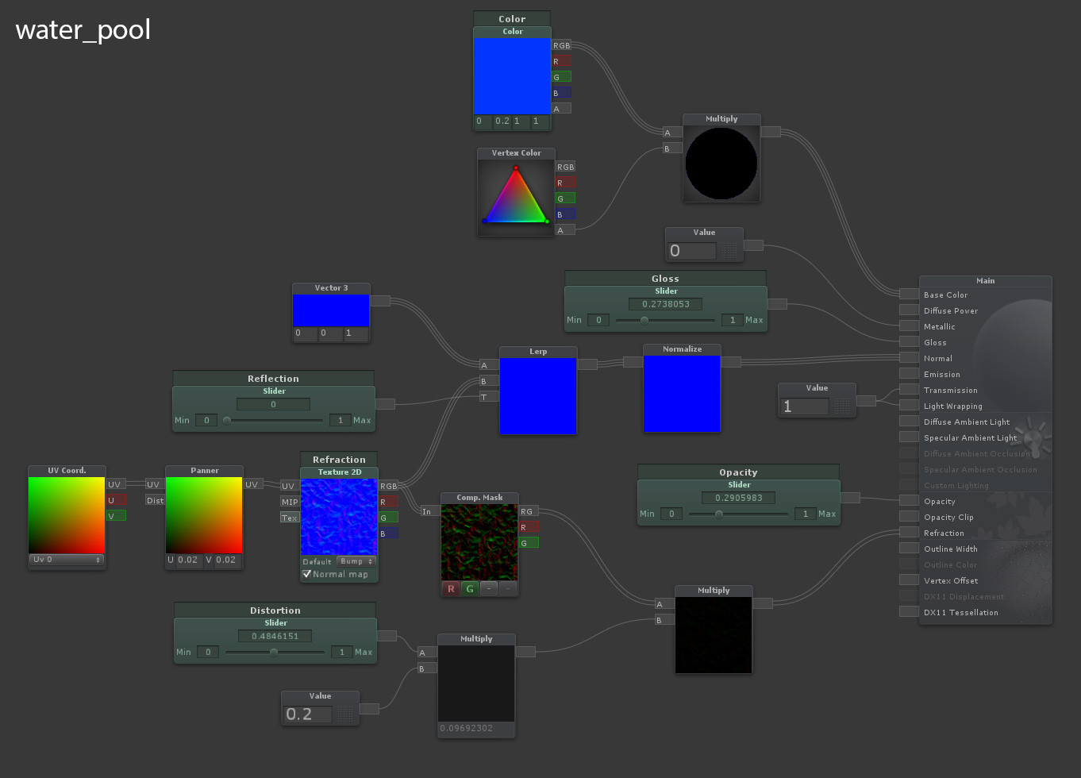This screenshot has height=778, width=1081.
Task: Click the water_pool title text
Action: pyautogui.click(x=83, y=30)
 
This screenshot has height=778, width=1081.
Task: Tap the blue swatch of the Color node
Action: pyautogui.click(x=512, y=75)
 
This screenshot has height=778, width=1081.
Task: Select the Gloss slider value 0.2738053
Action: pyautogui.click(x=665, y=304)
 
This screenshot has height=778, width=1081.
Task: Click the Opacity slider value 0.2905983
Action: pyautogui.click(x=738, y=498)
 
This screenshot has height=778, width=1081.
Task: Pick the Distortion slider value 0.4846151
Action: pyautogui.click(x=275, y=636)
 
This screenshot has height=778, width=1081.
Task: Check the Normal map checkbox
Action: pyautogui.click(x=307, y=574)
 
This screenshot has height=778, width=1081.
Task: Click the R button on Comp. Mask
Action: pyautogui.click(x=451, y=588)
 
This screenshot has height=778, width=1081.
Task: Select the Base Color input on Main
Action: pyautogui.click(x=910, y=295)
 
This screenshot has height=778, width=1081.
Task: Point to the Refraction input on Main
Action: pyautogui.click(x=910, y=533)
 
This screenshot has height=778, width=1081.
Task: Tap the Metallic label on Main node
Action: pyautogui.click(x=940, y=326)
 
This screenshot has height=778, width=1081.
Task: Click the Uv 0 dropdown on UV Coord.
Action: pyautogui.click(x=67, y=560)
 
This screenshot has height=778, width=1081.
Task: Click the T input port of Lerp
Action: pyautogui.click(x=489, y=396)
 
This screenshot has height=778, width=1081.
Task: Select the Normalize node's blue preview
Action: pyautogui.click(x=682, y=394)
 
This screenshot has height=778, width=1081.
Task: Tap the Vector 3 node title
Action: pyautogui.click(x=331, y=287)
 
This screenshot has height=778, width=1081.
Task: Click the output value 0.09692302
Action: pyautogui.click(x=467, y=728)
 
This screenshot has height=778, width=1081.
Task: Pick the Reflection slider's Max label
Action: pyautogui.click(x=362, y=420)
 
